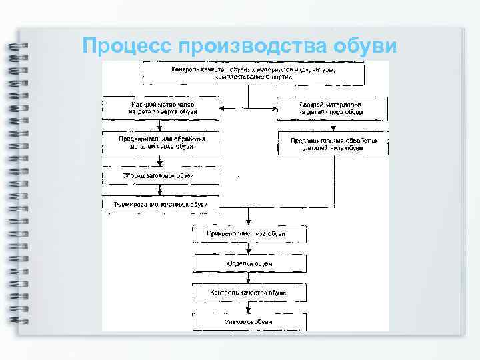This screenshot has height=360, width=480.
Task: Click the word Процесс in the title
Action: [x=127, y=45]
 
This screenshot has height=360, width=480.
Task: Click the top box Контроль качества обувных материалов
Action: [x=253, y=73]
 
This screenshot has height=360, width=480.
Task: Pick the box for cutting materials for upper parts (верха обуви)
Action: [x=160, y=108]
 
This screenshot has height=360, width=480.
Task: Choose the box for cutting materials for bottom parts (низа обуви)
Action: [x=333, y=108]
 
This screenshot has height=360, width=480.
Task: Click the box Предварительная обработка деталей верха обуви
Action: [x=160, y=143]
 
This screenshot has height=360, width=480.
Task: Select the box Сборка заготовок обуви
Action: [x=160, y=176]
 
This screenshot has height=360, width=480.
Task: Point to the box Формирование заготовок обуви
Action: [x=160, y=203]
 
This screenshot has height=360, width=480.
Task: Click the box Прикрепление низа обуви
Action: [x=249, y=234]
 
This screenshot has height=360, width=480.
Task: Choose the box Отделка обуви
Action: [x=249, y=263]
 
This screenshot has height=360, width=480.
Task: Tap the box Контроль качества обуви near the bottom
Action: [x=249, y=293]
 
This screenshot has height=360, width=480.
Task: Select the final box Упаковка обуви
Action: [x=249, y=322]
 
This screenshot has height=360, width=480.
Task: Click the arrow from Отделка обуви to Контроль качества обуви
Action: [x=249, y=278]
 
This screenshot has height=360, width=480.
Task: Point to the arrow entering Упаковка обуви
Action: [x=249, y=307]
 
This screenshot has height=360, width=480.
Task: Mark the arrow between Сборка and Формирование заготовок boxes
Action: [x=160, y=190]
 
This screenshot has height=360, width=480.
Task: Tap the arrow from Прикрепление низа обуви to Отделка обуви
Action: [x=249, y=249]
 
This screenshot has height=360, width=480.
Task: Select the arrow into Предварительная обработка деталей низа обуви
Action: [x=333, y=127]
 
